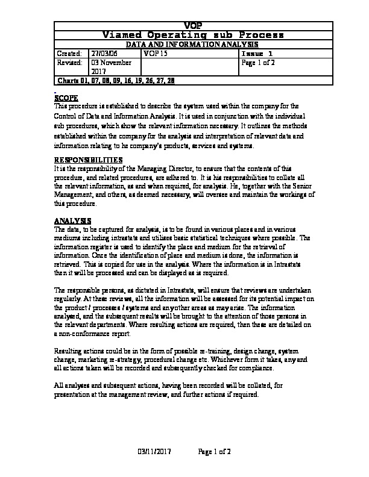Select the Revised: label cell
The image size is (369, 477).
(69, 62)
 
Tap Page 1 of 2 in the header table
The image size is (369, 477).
(258, 62)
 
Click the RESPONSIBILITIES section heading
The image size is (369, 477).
(88, 160)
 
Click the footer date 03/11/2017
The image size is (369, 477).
(155, 450)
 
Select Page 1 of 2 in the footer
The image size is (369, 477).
(215, 450)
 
